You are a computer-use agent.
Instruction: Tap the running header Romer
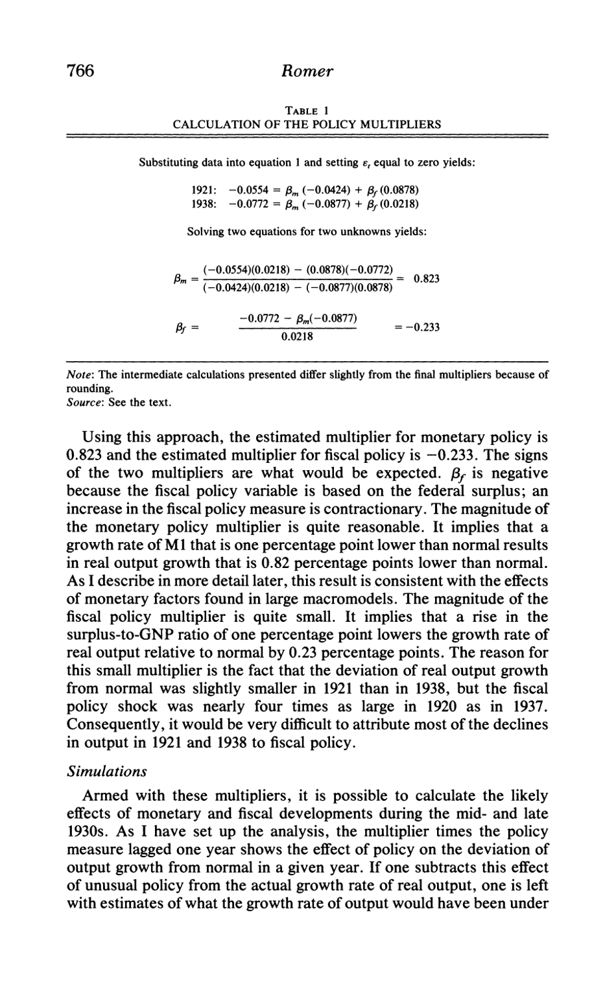tap(308, 71)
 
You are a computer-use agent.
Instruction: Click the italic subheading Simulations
tap(107, 771)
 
